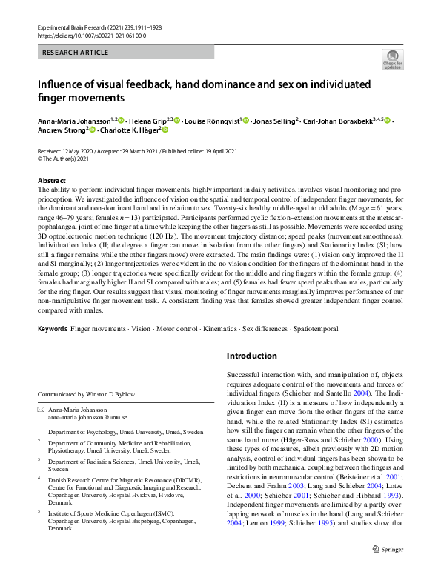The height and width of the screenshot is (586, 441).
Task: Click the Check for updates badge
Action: pos(391,59)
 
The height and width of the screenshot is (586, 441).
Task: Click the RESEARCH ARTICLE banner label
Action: pos(76,53)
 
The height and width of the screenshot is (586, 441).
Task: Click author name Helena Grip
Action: pos(147,120)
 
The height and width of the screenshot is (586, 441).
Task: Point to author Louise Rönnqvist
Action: pos(210,120)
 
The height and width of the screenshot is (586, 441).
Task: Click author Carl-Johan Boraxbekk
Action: pos(335,120)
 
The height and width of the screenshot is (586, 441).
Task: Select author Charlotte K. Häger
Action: pos(128,130)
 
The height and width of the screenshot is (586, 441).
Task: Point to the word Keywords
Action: pos(53,327)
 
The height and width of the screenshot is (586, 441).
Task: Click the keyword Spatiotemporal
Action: pos(314,327)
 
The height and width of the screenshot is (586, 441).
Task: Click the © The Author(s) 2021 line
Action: pos(64,159)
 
